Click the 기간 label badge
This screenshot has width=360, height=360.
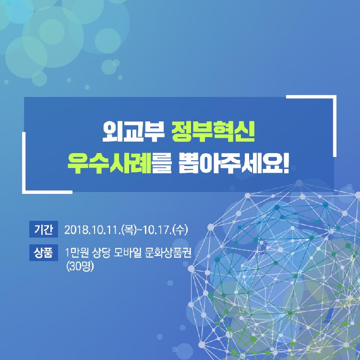tap(44, 229)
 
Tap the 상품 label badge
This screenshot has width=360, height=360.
tap(44, 253)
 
